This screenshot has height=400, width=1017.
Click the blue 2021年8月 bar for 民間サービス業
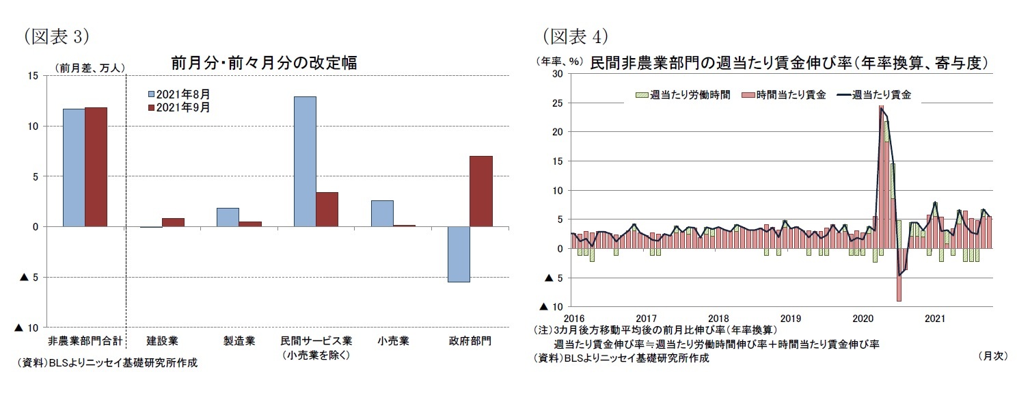pyautogui.click(x=305, y=161)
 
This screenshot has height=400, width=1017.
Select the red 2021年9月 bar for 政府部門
pyautogui.click(x=480, y=191)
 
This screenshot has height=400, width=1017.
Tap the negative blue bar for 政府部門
pyautogui.click(x=459, y=254)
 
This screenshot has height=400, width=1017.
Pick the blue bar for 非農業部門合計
pyautogui.click(x=74, y=168)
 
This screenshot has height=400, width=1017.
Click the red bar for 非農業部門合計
pyautogui.click(x=96, y=167)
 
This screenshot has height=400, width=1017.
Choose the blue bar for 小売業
pyautogui.click(x=382, y=213)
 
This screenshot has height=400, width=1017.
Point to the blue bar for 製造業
pyautogui.click(x=228, y=217)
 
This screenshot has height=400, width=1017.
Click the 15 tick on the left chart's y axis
pyautogui.click(x=33, y=76)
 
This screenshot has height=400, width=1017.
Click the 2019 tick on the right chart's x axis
pyautogui.click(x=790, y=318)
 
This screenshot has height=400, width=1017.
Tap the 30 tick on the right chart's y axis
pyautogui.click(x=557, y=74)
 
